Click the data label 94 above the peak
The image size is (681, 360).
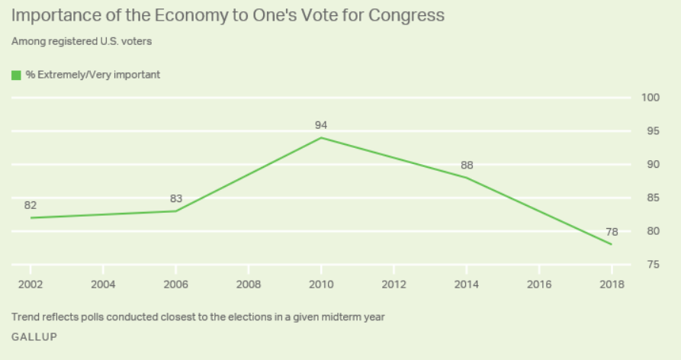(320, 125)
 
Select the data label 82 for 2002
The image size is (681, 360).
(31, 205)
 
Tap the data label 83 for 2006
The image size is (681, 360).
(175, 198)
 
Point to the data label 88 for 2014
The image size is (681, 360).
(467, 165)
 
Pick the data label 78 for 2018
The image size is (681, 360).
(612, 232)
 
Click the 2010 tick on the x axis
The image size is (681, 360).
(321, 284)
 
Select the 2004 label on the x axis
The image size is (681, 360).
(103, 284)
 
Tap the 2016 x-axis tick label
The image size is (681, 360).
(539, 284)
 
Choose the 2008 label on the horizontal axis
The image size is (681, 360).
(249, 284)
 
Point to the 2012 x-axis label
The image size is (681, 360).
(394, 284)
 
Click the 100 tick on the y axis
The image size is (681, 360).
(650, 98)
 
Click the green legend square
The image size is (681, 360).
(16, 75)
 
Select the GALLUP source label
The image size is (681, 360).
(34, 336)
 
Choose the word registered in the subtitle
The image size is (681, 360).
(71, 41)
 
